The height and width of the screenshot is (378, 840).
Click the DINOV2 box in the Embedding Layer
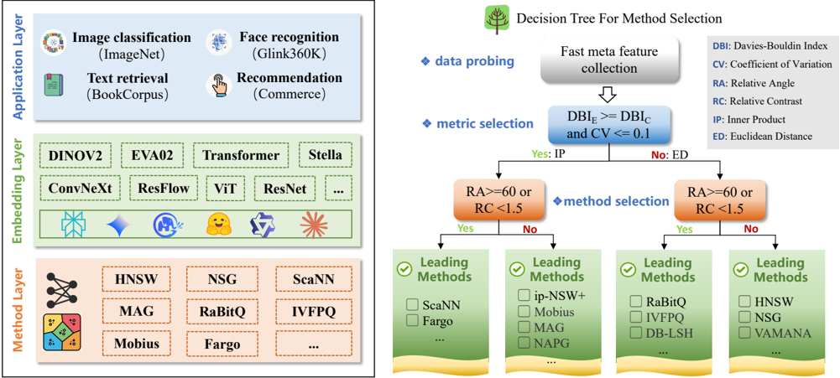(75, 155)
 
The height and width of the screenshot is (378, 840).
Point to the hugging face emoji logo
(218, 225)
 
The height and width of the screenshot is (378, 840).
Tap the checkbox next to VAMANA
(744, 333)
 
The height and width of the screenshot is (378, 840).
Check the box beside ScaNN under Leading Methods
(412, 305)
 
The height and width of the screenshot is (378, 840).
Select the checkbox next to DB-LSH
(635, 333)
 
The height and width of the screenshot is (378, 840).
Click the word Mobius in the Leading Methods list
(554, 312)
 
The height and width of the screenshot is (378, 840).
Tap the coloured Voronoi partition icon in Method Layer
(63, 333)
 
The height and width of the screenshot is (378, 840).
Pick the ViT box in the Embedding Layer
(222, 189)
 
